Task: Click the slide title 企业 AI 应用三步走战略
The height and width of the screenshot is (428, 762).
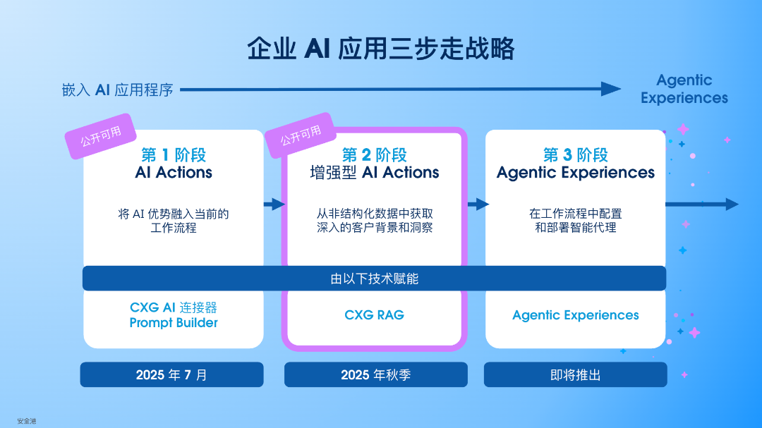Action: click(381, 49)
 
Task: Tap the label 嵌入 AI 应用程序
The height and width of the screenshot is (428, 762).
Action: click(117, 90)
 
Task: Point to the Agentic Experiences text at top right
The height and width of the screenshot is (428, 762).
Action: click(684, 89)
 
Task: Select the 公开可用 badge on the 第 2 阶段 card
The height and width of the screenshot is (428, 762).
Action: click(301, 135)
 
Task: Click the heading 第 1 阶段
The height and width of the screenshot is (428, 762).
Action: click(174, 154)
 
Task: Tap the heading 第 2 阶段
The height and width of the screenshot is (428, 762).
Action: click(375, 154)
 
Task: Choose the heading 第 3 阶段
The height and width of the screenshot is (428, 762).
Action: click(576, 154)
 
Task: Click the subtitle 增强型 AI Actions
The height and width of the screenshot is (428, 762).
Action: click(375, 172)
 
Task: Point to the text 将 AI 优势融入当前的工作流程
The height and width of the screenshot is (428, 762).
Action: click(174, 220)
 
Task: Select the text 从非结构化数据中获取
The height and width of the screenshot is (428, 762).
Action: click(375, 213)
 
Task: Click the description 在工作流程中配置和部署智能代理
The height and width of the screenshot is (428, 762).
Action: click(576, 220)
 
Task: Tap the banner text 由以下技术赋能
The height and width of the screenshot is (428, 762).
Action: click(375, 279)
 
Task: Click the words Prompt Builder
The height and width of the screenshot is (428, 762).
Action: click(174, 323)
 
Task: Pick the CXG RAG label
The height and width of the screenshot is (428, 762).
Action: click(375, 315)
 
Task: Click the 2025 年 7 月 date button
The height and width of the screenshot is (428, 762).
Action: click(172, 374)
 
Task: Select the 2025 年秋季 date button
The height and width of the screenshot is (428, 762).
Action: click(376, 374)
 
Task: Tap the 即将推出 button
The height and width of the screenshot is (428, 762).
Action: click(576, 374)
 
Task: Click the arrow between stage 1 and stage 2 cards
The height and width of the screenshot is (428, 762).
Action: click(274, 204)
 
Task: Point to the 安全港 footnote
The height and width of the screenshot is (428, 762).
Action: click(27, 421)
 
